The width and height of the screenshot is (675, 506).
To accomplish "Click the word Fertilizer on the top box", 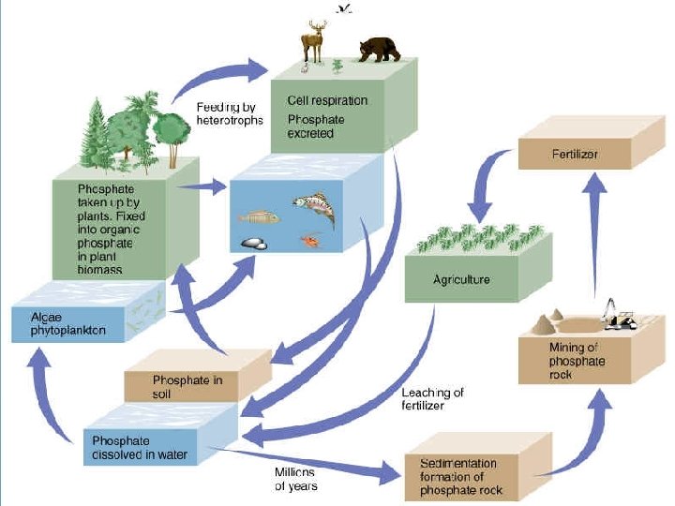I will tap(576, 153).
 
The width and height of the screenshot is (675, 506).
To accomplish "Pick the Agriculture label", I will tap(461, 279).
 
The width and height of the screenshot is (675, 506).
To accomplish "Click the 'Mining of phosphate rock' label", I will tap(577, 362).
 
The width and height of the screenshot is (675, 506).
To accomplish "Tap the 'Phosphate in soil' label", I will tap(187, 387).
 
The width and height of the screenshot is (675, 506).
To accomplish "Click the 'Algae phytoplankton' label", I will tap(67, 324).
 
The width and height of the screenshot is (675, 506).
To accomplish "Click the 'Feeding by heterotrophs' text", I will tap(230, 114).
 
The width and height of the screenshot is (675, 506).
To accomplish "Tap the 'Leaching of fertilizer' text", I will tap(432, 399).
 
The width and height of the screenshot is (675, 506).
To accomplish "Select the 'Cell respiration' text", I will tap(327, 100).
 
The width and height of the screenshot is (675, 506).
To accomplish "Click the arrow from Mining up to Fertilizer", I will tap(592, 234).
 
